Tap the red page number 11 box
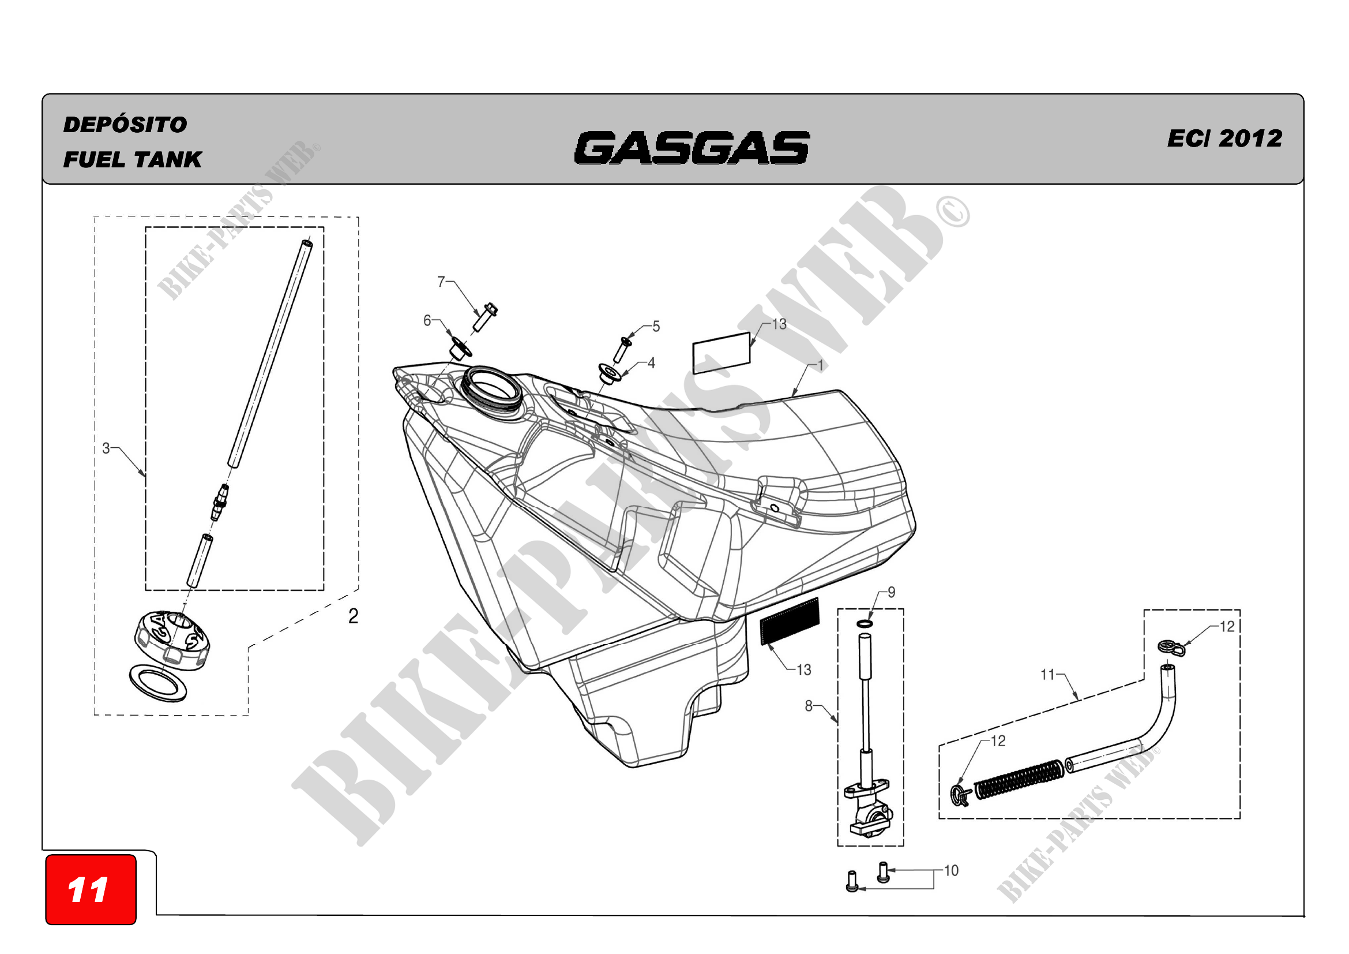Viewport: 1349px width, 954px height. [x=91, y=889]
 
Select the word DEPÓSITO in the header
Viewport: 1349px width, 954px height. [x=125, y=125]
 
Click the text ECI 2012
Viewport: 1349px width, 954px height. [x=1224, y=139]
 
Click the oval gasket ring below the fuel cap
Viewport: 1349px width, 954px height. [x=158, y=682]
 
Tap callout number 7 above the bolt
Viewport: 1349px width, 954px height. [x=441, y=282]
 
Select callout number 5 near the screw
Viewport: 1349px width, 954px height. [x=656, y=326]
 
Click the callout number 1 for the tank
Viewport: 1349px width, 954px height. [x=820, y=365]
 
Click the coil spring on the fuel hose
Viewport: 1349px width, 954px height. [x=1019, y=780]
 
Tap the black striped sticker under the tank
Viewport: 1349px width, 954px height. [x=790, y=621]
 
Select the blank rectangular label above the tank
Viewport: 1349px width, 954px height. [x=722, y=353]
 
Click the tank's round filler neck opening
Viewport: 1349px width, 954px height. [x=491, y=386]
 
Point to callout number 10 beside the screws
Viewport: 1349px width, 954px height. [x=950, y=870]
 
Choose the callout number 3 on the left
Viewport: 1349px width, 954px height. [x=106, y=448]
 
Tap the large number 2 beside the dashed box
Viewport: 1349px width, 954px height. [x=353, y=616]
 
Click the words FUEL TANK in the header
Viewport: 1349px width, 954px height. [x=132, y=160]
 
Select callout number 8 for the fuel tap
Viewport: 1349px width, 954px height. [x=809, y=706]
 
